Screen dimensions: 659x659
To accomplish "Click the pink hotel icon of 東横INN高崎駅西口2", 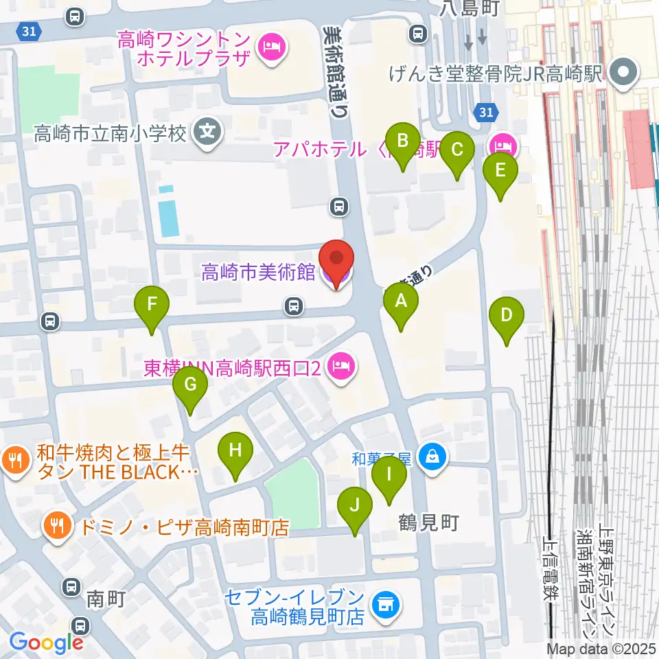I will coord(341,367).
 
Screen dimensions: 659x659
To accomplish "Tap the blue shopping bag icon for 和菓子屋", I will coord(432,455).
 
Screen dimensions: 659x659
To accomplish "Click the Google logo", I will coord(47,643).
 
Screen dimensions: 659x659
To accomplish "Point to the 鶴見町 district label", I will coord(429,523).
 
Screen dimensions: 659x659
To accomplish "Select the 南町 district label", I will coord(106,599).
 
